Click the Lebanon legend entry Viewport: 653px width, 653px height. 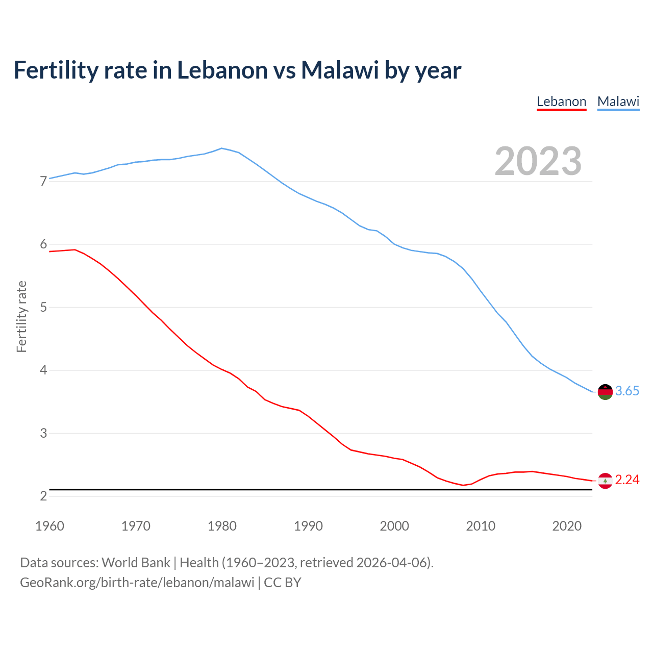561,102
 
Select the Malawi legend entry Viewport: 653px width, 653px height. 618,102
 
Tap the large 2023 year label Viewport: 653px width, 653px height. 538,161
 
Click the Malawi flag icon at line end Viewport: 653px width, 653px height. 605,392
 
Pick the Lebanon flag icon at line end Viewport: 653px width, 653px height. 605,481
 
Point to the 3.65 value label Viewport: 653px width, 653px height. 627,391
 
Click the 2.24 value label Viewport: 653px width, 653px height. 627,480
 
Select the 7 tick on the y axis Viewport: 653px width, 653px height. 43,182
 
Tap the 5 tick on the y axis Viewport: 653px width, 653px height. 43,308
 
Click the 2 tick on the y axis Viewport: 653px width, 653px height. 43,496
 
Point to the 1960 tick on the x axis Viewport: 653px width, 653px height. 49,526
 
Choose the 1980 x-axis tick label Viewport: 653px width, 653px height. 222,526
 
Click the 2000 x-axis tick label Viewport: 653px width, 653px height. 394,526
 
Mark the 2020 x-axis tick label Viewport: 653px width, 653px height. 567,526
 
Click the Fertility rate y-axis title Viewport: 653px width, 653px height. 21,316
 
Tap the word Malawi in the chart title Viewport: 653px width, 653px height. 340,70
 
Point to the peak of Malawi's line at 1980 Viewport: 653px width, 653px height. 221,148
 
